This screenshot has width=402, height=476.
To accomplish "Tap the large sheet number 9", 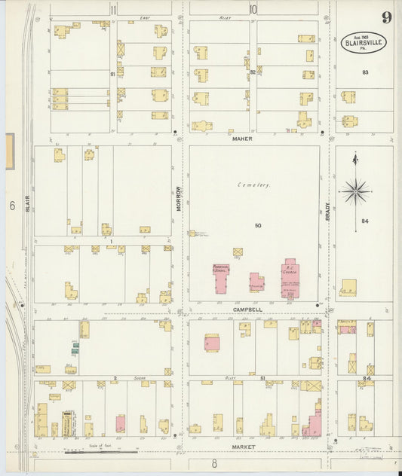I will pos(385,17).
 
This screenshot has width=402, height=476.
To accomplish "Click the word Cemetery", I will pos(253,185).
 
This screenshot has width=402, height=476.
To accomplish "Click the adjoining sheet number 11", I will pos(113,10).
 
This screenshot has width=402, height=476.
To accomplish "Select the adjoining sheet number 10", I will pos(253,10).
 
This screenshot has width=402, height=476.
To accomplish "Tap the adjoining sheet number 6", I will pos(13,206).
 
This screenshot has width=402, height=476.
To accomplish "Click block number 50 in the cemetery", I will pos(257,225).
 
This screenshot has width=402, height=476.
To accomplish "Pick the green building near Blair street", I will pos(76,347).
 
